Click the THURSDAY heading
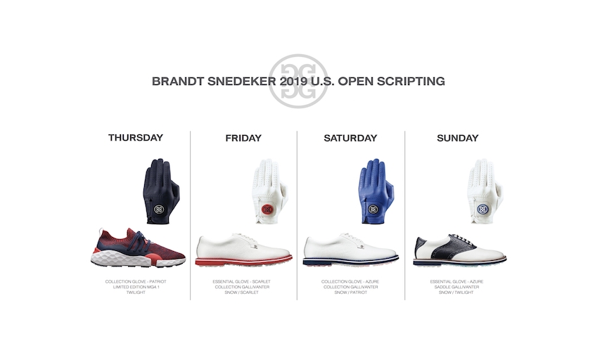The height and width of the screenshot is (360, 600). click(x=136, y=138)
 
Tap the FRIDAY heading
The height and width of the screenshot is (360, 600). click(x=243, y=138)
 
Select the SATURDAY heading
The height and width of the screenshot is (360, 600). click(x=350, y=138)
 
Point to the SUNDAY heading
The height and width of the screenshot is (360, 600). click(x=458, y=138)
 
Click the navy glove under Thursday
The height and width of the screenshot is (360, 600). click(x=160, y=191)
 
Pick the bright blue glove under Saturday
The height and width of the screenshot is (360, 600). click(x=376, y=191)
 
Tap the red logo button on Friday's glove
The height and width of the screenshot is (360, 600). click(x=267, y=210)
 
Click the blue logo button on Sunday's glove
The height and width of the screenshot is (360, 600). click(x=482, y=210)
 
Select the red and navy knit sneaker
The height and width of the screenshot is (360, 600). click(x=138, y=247)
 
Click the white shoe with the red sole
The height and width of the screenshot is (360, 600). click(x=243, y=250)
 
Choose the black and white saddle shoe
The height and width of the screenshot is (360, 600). click(x=459, y=250)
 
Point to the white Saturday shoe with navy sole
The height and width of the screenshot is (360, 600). click(x=350, y=250)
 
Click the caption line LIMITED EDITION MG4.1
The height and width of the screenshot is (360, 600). click(x=136, y=287)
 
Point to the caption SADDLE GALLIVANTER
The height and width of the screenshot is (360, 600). click(x=457, y=287)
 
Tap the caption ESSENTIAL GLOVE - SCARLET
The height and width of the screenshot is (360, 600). click(x=241, y=281)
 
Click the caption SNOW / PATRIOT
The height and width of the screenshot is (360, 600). click(x=350, y=292)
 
